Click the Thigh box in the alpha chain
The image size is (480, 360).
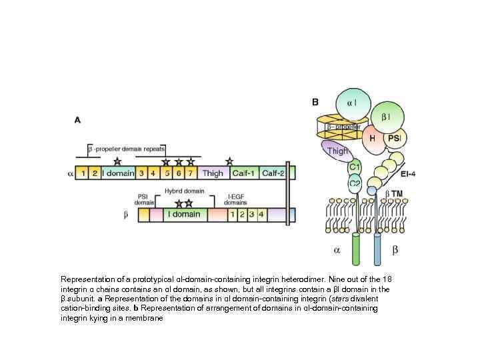(x=213, y=173)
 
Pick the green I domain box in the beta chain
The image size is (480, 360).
(x=183, y=215)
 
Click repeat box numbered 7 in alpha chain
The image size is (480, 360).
(x=191, y=173)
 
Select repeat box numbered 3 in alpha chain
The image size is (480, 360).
(x=143, y=173)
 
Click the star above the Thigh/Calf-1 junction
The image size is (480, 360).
(x=229, y=161)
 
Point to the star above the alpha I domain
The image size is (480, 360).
(x=117, y=161)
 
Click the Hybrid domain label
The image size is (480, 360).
(x=184, y=191)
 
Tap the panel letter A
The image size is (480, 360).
(x=77, y=120)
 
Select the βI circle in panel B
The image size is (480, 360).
(x=386, y=117)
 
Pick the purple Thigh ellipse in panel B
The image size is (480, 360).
(x=337, y=151)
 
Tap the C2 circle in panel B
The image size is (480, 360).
(x=355, y=182)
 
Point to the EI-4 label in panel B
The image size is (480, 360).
(x=409, y=175)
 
